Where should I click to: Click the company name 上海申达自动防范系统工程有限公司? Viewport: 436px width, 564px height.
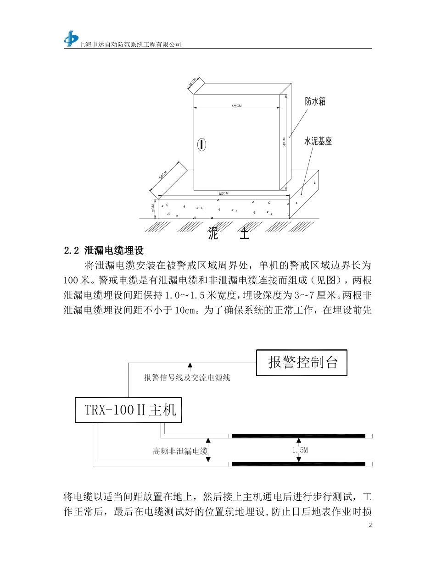pos(131,44)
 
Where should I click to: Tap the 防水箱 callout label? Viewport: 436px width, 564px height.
pos(315,102)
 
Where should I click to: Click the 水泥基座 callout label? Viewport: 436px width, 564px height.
pos(318,142)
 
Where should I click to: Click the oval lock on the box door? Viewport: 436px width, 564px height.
pos(201,144)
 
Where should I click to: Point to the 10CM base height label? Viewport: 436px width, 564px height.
pos(153,209)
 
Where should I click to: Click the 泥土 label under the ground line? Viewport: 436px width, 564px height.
pos(228,234)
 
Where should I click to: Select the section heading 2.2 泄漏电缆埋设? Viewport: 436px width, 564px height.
pos(104,250)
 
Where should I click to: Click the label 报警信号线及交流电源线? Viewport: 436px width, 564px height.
pos(187,378)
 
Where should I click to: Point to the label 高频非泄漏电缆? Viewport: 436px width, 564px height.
pos(180,451)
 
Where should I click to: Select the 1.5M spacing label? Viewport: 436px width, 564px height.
pos(299,450)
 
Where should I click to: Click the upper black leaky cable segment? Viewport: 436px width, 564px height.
pos(298,436)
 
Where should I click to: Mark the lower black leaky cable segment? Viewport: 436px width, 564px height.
pos(298,464)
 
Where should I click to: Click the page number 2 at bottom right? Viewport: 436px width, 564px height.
pos(370,525)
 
